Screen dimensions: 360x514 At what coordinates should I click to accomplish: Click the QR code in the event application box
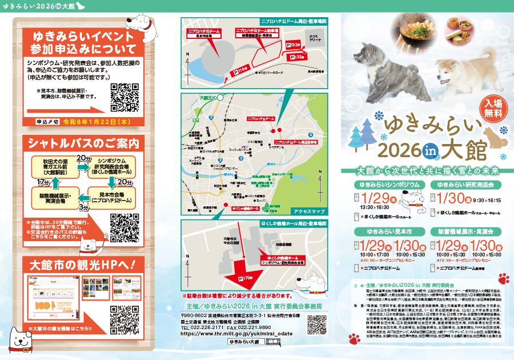click(x=124, y=97)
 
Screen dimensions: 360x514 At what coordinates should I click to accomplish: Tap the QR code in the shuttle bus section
click(x=124, y=226)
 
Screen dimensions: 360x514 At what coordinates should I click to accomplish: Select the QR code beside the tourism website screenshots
click(x=124, y=319)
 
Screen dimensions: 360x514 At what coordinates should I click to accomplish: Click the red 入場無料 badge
click(x=490, y=109)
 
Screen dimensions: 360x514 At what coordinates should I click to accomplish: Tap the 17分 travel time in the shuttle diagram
click(x=44, y=182)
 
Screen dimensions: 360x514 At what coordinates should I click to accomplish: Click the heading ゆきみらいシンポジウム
click(x=389, y=185)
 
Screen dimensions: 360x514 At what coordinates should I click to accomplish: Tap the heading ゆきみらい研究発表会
click(x=469, y=185)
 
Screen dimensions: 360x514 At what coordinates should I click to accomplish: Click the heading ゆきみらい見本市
click(x=389, y=231)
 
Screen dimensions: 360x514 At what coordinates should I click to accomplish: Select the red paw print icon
click(x=503, y=279)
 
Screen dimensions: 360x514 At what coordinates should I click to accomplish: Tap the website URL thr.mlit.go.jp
click(x=237, y=333)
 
